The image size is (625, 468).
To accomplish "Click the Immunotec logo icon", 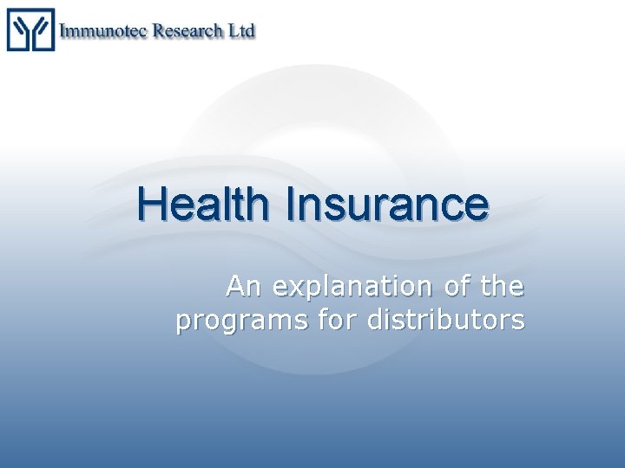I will click(x=30, y=29).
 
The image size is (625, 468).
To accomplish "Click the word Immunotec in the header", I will click(x=103, y=30).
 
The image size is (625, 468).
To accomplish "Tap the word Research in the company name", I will click(x=188, y=30).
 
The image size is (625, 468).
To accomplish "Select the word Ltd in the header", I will click(x=241, y=30).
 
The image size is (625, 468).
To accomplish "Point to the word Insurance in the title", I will click(x=386, y=205).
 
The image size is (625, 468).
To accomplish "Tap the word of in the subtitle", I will click(x=458, y=285).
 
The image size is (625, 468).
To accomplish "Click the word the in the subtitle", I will click(x=503, y=285).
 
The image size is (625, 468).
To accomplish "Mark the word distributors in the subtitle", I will click(x=446, y=320).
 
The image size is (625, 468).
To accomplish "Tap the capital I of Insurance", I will click(x=290, y=205).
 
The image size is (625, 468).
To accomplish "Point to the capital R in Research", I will click(x=160, y=30).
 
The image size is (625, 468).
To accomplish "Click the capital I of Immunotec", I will click(x=64, y=30).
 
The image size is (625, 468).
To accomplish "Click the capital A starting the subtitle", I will click(x=236, y=285).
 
